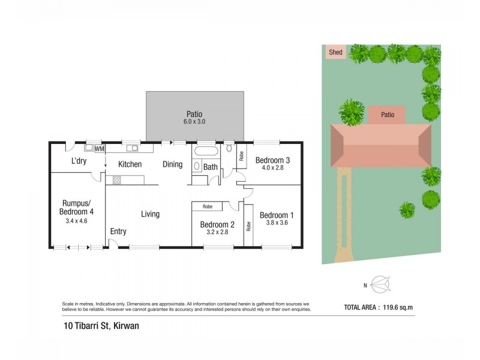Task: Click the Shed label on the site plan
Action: point(335,52)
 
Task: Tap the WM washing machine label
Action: point(99,148)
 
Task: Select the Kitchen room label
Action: point(130,164)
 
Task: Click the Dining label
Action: point(172,164)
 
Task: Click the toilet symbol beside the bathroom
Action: point(229,149)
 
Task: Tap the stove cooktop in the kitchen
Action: point(117,179)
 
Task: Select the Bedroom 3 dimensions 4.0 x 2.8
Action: point(273,169)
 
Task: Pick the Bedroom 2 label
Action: point(217,225)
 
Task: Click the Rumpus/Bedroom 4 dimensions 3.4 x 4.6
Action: point(76,220)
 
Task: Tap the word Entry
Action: point(118,231)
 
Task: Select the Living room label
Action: point(150,214)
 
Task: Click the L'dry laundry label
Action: point(80,161)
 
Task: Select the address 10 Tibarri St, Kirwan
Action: point(105,327)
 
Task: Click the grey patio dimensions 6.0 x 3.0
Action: point(194,122)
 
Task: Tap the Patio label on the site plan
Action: point(388,115)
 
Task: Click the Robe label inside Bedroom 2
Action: point(207,206)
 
